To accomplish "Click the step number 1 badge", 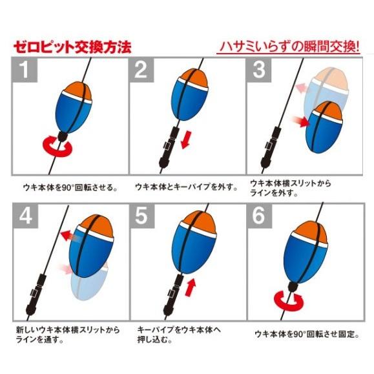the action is click(25, 70).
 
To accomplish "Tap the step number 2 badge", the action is click(141, 70).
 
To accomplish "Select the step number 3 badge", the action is click(259, 70).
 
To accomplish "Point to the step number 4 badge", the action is click(26, 216).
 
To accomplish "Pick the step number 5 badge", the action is click(142, 216).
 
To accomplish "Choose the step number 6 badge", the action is click(260, 216).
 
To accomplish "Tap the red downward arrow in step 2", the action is click(185, 140).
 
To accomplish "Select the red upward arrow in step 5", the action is click(190, 287).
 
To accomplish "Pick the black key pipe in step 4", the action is click(36, 295).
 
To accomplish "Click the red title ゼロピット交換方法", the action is click(72, 47).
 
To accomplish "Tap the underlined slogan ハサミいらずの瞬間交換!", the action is click(288, 47).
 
